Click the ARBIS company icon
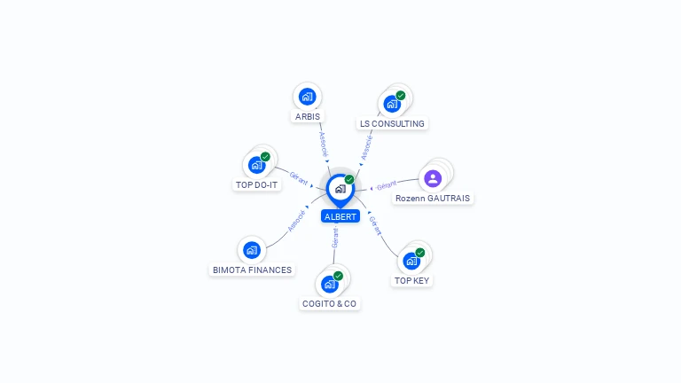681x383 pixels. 307,97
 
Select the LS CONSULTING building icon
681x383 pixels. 391,104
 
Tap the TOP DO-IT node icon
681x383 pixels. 256,164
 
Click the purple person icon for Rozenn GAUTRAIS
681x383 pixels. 433,178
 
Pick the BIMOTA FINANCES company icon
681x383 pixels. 252,250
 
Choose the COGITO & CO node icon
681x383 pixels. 329,284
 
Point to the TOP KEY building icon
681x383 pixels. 411,261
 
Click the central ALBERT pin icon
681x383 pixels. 340,189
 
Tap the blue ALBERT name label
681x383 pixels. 340,216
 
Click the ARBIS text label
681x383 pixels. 308,116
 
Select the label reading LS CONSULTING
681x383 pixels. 392,124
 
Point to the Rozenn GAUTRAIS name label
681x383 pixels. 434,199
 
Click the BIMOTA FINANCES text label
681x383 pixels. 252,270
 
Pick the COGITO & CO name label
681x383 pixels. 329,303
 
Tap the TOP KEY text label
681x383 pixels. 411,280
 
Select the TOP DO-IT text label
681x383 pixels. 257,184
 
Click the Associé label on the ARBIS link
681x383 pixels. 323,145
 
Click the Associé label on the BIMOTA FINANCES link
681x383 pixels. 297,220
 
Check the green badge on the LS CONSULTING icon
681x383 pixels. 401,95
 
